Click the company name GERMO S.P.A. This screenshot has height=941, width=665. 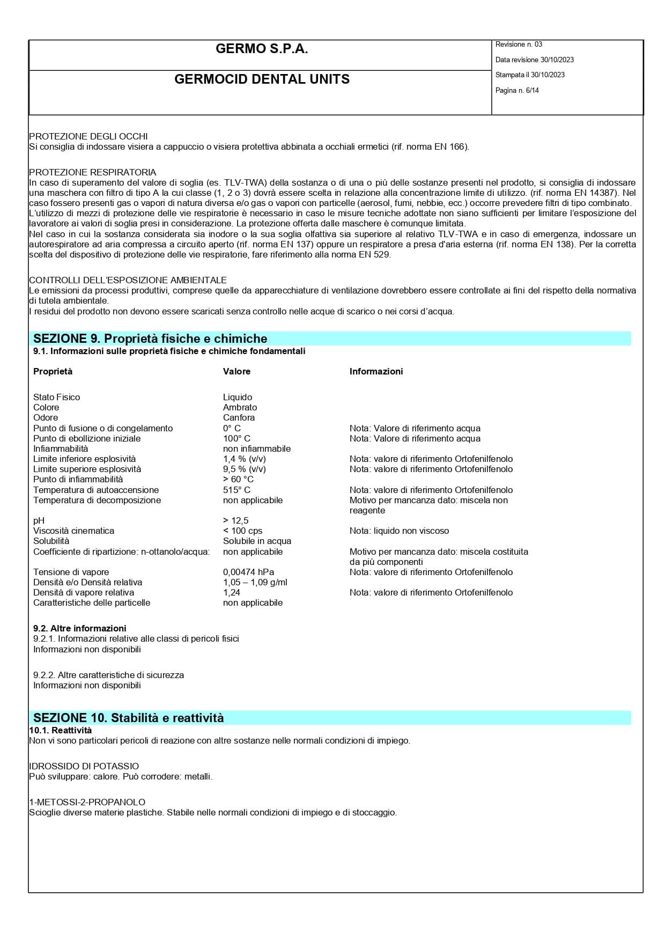click(262, 49)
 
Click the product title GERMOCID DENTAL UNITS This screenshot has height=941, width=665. click(262, 79)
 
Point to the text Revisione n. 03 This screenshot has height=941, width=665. click(519, 45)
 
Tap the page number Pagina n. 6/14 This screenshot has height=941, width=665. click(517, 91)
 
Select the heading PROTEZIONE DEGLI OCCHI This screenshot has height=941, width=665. click(88, 136)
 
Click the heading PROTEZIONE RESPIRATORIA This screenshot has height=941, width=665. click(93, 172)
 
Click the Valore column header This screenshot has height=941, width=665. click(237, 371)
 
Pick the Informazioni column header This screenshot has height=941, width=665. click(376, 371)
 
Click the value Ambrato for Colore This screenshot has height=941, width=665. click(240, 407)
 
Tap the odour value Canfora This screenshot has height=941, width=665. click(239, 417)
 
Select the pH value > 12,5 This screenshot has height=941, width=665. click(235, 520)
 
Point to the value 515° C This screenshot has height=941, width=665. click(237, 490)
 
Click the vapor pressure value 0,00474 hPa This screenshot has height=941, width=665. click(248, 572)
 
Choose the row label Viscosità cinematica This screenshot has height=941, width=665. click(73, 531)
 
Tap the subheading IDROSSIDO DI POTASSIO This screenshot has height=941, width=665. click(84, 766)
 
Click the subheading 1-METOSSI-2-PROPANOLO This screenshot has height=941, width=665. click(87, 802)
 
